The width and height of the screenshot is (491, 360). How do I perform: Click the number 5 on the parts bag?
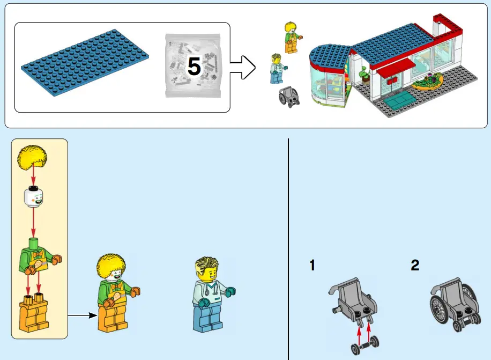pyautogui.click(x=194, y=67)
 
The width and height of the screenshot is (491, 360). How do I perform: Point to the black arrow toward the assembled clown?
pyautogui.click(x=81, y=315)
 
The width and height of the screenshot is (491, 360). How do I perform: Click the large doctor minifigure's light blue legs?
pyautogui.click(x=209, y=319)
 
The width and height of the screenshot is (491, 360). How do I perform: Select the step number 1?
pyautogui.click(x=312, y=265)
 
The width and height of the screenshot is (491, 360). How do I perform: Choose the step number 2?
pyautogui.click(x=415, y=265)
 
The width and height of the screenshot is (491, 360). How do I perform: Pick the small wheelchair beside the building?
pyautogui.click(x=289, y=97)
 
